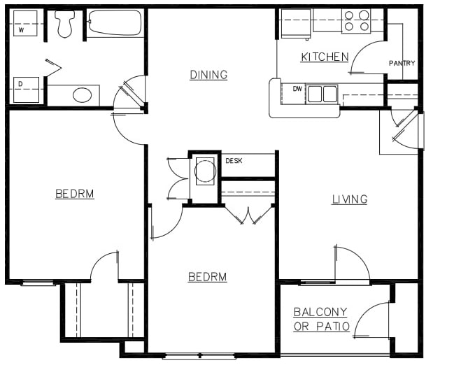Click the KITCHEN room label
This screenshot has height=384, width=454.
click(325, 57)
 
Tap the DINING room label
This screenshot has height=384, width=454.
click(208, 75)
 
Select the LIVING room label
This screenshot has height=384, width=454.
click(349, 199)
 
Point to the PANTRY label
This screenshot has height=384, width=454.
click(402, 64)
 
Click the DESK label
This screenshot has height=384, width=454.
click(233, 161)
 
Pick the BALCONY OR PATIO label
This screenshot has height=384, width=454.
click(321, 319)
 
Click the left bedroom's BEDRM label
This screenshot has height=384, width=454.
click(74, 194)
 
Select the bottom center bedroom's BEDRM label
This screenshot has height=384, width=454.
click(207, 277)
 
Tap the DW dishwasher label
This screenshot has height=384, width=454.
click(297, 89)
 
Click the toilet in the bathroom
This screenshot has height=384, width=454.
click(65, 24)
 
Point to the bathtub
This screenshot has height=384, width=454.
click(115, 24)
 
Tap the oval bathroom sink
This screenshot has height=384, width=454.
click(82, 95)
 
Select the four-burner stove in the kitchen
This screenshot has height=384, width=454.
click(356, 21)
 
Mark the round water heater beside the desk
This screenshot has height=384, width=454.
click(205, 169)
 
